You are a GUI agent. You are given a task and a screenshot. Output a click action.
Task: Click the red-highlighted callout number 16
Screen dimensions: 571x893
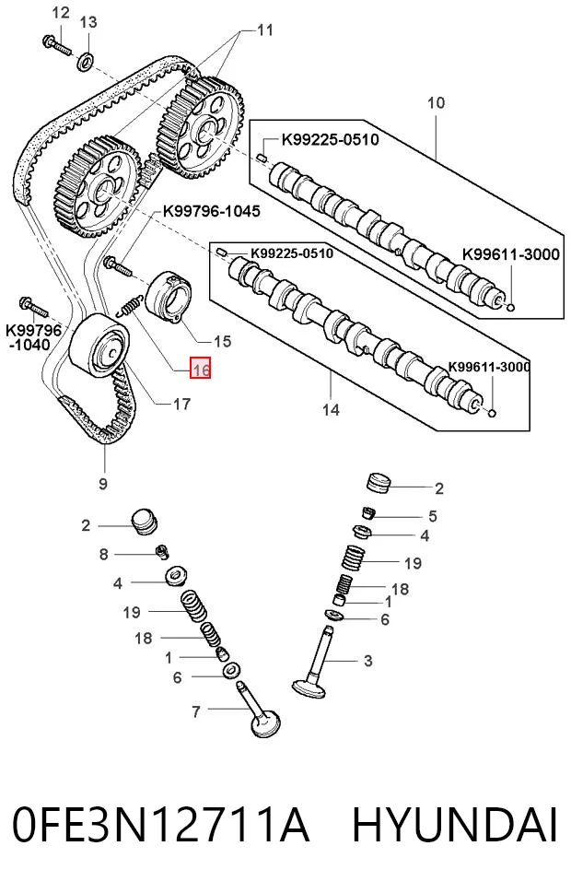pos(201,369)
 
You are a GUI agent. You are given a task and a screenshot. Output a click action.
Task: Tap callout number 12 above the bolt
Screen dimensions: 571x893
pos(61,12)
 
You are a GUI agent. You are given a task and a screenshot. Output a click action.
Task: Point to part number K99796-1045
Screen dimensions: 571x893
pos(211,211)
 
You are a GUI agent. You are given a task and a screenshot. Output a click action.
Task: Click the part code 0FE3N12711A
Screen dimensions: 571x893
pos(161,825)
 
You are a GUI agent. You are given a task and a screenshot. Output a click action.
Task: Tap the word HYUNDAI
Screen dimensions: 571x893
pos(454,825)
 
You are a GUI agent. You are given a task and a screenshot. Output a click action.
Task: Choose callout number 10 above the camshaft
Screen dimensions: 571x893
pos(436,103)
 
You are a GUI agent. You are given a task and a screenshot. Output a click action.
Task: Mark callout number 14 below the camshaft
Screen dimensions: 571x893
pos(331,409)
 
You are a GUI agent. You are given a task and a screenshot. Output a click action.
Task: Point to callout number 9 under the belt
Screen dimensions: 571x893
pos(103,484)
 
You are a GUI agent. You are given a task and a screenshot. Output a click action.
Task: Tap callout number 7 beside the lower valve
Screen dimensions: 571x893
pos(196,711)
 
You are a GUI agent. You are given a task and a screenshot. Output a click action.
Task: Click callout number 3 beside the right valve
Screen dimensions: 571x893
pos(367,661)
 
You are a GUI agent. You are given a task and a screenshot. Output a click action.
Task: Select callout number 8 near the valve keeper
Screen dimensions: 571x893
pos(103,554)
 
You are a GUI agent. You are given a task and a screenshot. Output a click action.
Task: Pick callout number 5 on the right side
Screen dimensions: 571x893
pos(433,516)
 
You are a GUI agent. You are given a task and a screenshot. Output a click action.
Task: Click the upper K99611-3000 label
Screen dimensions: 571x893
pos(510,254)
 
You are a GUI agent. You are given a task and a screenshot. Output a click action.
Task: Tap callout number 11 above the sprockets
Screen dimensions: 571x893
pos(265,29)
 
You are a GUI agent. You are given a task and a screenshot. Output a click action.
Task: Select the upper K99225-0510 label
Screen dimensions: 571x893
pos(331,139)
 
